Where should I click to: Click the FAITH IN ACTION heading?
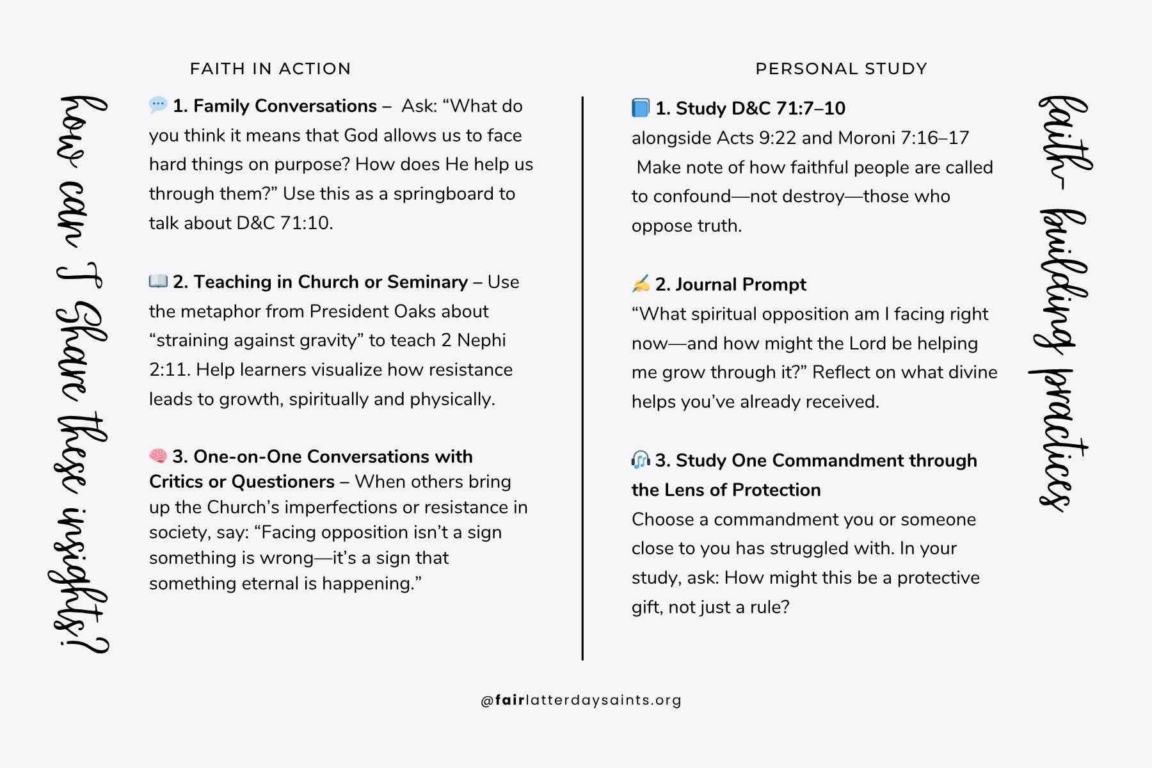pyautogui.click(x=270, y=69)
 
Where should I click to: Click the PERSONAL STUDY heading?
pyautogui.click(x=841, y=69)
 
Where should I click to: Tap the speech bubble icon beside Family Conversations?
pyautogui.click(x=158, y=104)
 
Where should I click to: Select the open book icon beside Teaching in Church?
pyautogui.click(x=158, y=281)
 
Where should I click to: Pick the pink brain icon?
pyautogui.click(x=158, y=456)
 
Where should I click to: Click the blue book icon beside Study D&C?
pyautogui.click(x=640, y=108)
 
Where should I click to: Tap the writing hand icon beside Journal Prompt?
pyautogui.click(x=640, y=284)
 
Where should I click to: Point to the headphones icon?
pyautogui.click(x=640, y=460)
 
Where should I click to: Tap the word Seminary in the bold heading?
pyautogui.click(x=427, y=282)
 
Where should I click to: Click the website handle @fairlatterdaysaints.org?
pyautogui.click(x=581, y=700)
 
